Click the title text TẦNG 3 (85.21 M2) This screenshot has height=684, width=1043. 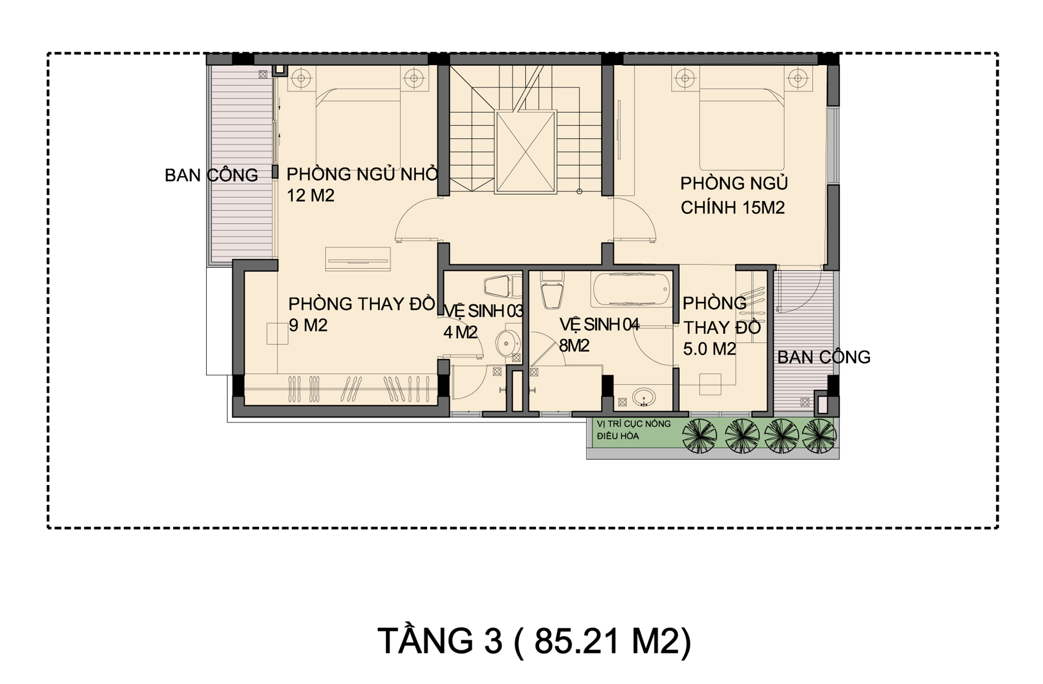click(534, 641)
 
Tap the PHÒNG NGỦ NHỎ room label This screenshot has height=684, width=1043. click(362, 174)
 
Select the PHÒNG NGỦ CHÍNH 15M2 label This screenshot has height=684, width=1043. click(734, 196)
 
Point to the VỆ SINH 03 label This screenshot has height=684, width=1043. click(483, 311)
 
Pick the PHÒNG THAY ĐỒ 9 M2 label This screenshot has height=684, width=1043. click(362, 314)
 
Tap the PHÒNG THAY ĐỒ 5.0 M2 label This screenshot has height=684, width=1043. click(722, 326)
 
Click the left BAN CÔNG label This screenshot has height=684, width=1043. click(211, 176)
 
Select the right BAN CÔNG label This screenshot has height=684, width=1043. click(823, 357)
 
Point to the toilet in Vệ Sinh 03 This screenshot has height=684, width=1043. click(503, 287)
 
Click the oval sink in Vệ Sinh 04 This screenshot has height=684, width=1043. click(644, 397)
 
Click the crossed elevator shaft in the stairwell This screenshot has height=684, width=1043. click(526, 152)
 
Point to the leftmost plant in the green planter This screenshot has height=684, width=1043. click(700, 436)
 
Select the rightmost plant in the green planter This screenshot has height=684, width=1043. click(819, 436)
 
